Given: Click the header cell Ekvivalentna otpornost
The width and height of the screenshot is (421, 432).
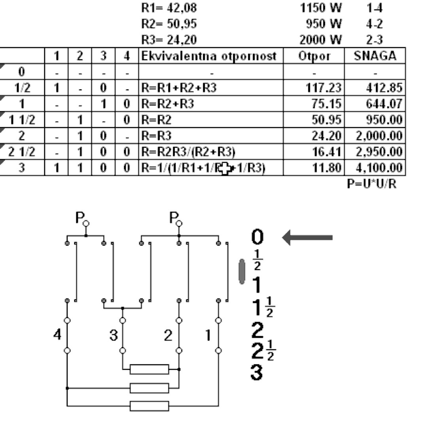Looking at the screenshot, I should point(211,56).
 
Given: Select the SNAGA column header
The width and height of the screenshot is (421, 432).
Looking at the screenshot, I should point(375,56).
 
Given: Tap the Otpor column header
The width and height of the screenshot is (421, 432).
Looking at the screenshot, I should point(314,56).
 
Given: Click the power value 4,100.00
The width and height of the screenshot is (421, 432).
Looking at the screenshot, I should point(379,167).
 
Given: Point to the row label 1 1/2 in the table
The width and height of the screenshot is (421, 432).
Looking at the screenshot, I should point(22,120).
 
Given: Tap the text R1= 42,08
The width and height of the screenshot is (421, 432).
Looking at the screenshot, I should point(169,8).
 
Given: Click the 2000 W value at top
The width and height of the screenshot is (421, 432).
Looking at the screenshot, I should point(320,40).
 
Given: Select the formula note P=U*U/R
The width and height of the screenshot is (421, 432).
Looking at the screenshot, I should point(372,184).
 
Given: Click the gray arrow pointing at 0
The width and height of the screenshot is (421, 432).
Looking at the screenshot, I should point(308,238).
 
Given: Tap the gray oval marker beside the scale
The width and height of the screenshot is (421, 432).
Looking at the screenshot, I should point(242,271).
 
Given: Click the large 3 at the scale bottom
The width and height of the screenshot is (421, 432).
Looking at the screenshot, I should point(257,373).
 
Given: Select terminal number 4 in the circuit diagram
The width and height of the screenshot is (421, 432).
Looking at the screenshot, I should point(58,335).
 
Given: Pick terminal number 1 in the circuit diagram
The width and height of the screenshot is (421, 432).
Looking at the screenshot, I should point(208,335).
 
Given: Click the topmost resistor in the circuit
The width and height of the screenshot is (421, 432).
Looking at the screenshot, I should point(149,369).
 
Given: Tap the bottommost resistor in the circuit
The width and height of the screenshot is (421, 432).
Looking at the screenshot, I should point(149,406).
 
